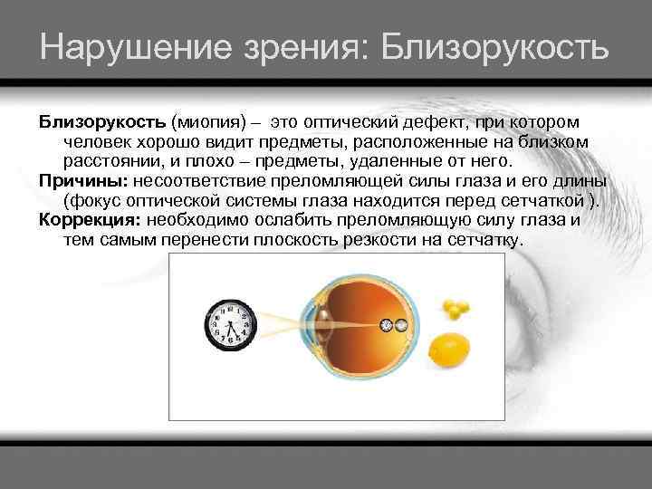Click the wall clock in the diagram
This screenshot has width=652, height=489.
[x=230, y=324]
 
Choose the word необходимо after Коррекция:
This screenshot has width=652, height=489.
[x=206, y=219]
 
